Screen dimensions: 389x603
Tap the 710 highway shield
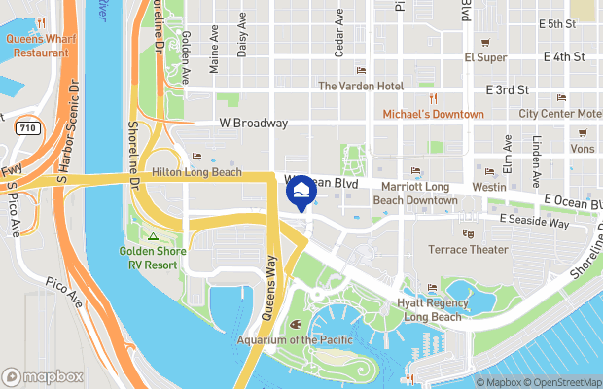[27, 127]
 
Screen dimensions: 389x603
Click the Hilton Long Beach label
[196, 171]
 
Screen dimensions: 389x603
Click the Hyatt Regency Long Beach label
[433, 309]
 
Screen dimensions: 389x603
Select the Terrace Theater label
[469, 249]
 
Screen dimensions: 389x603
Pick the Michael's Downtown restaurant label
[433, 114]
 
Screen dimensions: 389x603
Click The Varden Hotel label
[361, 86]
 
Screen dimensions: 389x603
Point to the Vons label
[582, 149]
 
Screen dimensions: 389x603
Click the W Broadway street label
[253, 124]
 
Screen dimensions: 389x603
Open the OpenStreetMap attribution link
[562, 382]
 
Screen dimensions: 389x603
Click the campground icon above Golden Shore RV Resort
[153, 236]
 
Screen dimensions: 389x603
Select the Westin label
[488, 186]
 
